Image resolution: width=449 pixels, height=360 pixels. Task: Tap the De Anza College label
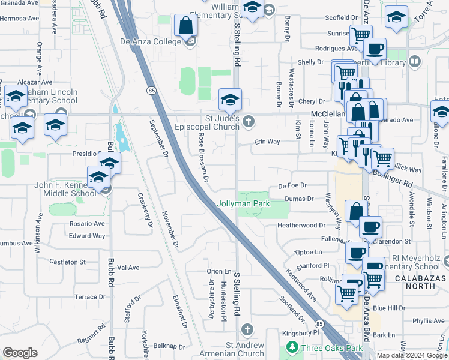(x=150, y=41)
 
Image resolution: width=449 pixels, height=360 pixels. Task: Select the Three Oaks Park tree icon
(x=292, y=347)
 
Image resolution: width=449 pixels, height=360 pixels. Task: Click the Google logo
(x=20, y=353)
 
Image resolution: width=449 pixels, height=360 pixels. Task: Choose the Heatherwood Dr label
(x=301, y=226)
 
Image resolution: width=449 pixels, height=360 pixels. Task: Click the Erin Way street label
(x=267, y=142)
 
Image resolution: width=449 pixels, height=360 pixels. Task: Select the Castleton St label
(x=68, y=262)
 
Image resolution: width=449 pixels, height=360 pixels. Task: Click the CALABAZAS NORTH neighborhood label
(x=414, y=282)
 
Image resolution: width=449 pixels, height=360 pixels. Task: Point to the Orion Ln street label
(x=219, y=271)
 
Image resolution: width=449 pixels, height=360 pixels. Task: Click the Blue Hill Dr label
(x=389, y=308)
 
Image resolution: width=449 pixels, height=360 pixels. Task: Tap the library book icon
(x=415, y=61)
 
